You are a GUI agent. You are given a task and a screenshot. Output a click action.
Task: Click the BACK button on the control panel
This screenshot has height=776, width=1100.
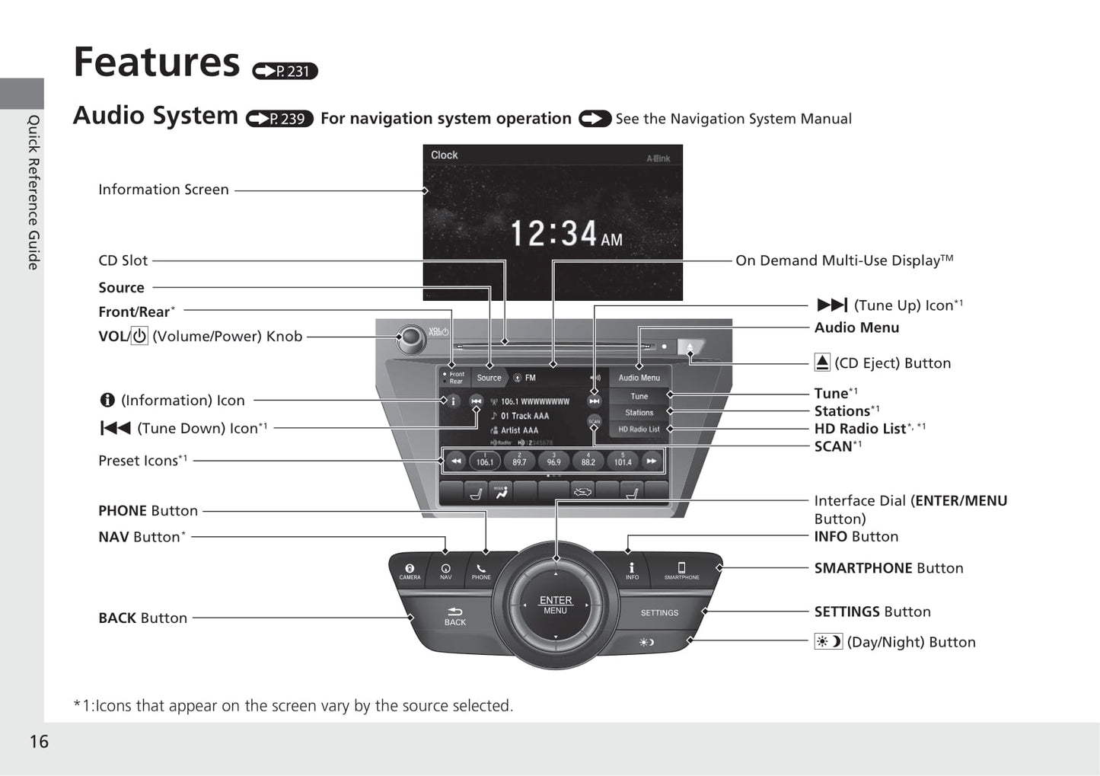pyautogui.click(x=454, y=615)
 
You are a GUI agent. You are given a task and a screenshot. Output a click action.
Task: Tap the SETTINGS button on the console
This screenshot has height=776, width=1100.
pyautogui.click(x=659, y=612)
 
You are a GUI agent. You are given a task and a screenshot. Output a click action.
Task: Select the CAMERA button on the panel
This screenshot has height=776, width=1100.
pyautogui.click(x=410, y=571)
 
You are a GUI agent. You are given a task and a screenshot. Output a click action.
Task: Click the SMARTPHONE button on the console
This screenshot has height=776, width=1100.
pyautogui.click(x=681, y=571)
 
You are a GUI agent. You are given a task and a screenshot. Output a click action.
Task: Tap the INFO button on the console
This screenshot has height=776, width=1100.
pyautogui.click(x=632, y=571)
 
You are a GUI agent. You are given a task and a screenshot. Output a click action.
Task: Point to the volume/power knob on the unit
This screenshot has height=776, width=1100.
pyautogui.click(x=412, y=337)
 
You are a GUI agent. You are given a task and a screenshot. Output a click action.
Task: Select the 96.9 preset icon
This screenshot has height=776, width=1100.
pyautogui.click(x=553, y=461)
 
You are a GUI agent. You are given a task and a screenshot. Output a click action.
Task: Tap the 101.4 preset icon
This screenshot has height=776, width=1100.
pyautogui.click(x=623, y=461)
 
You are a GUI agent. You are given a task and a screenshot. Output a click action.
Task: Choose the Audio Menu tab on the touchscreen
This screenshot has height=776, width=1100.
pyautogui.click(x=639, y=378)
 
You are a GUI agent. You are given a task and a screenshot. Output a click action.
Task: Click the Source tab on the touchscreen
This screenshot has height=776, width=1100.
pyautogui.click(x=489, y=378)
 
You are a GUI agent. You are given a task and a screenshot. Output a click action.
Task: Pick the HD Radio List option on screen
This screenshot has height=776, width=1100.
pyautogui.click(x=639, y=430)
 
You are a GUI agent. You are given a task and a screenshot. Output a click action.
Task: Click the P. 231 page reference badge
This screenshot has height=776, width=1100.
pyautogui.click(x=285, y=71)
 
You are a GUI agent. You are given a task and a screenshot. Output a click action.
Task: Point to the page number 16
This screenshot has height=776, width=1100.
pyautogui.click(x=39, y=741)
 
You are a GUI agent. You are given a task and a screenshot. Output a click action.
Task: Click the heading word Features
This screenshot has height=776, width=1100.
pyautogui.click(x=156, y=62)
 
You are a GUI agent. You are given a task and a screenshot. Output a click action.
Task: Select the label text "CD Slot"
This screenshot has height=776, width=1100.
pyautogui.click(x=123, y=260)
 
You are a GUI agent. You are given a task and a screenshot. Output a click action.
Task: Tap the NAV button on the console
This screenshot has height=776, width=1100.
pyautogui.click(x=445, y=571)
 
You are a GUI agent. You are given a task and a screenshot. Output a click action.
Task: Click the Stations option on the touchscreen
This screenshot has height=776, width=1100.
pyautogui.click(x=639, y=413)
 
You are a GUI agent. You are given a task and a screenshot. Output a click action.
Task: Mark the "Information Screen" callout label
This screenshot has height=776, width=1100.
pyautogui.click(x=164, y=190)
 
